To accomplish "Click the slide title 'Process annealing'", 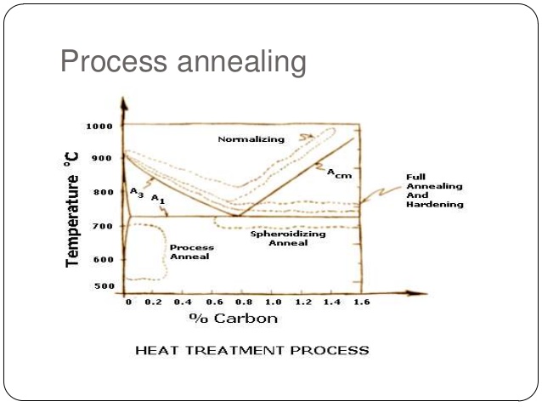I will (183, 62).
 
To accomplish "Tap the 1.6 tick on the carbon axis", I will (361, 302).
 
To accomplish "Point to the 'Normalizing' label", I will (251, 139).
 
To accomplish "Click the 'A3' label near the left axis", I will (137, 194).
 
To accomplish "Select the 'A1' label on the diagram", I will (157, 198).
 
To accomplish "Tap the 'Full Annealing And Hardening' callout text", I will (434, 190).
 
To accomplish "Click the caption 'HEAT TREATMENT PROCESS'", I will (252, 350).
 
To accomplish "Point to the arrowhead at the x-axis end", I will (421, 293).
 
